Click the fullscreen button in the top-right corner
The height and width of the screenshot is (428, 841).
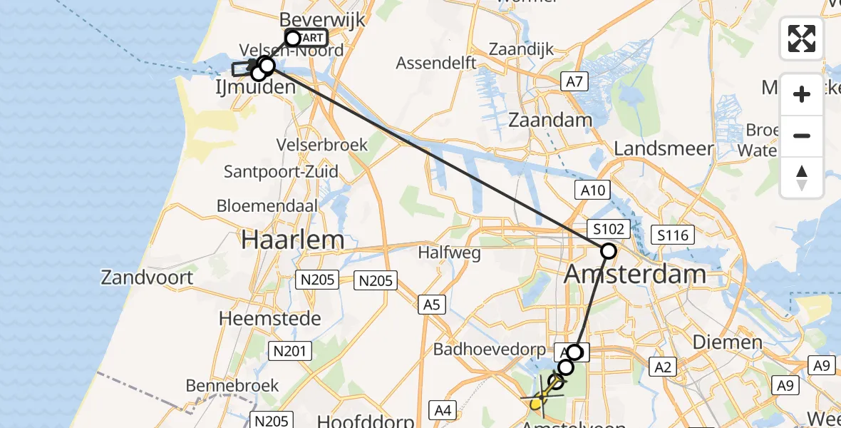tap(802, 39)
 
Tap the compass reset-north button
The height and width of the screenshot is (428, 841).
tap(802, 178)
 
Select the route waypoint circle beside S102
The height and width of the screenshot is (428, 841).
tap(609, 250)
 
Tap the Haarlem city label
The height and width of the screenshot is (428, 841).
tap(293, 240)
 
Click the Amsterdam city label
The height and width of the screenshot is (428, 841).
tap(635, 273)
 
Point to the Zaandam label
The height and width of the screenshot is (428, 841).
tap(550, 119)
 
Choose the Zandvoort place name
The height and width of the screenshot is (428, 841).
tap(148, 277)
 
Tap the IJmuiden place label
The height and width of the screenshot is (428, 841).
tap(256, 88)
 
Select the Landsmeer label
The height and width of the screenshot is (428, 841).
tap(664, 148)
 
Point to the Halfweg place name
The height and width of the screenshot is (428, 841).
tap(449, 252)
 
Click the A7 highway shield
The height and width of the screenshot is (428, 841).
tap(574, 82)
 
